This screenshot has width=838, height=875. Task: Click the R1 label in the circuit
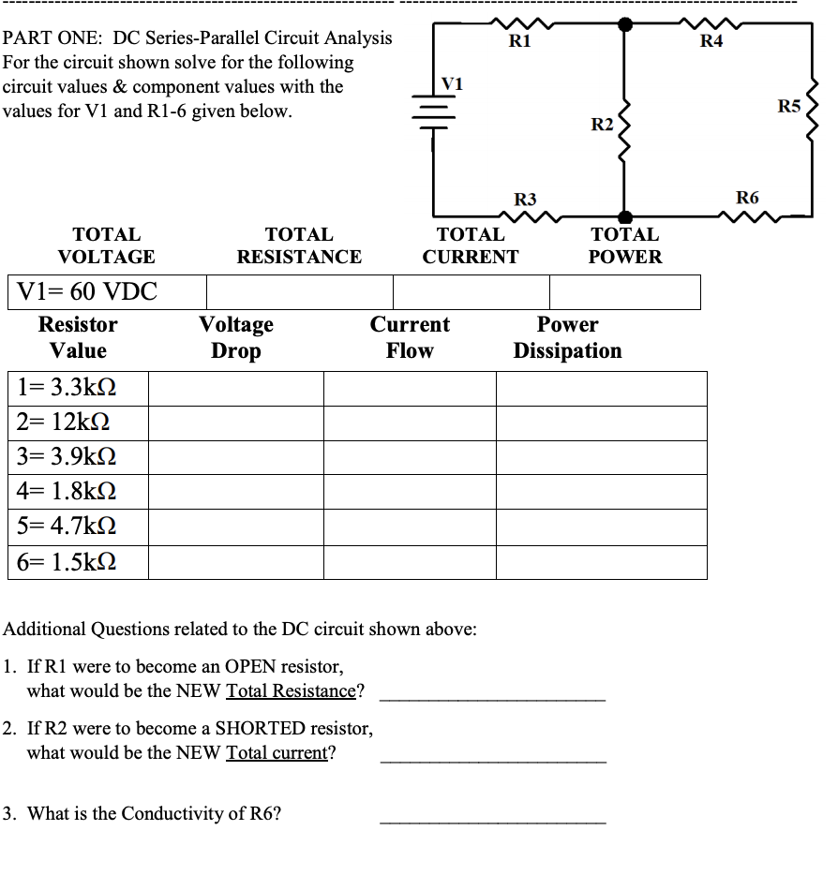[519, 40]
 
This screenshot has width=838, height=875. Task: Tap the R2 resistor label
[602, 126]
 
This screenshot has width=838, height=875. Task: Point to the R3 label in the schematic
[525, 199]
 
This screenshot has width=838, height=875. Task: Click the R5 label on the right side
[789, 107]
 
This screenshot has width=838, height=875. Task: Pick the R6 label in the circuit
[747, 197]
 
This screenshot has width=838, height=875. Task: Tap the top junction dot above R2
[625, 23]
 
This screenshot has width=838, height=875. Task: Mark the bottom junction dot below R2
[625, 217]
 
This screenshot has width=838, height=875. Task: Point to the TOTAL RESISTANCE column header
[299, 245]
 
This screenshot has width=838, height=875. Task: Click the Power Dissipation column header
[567, 337]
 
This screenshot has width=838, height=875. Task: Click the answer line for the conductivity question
[492, 822]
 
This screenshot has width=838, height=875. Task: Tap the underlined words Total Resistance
[292, 691]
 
